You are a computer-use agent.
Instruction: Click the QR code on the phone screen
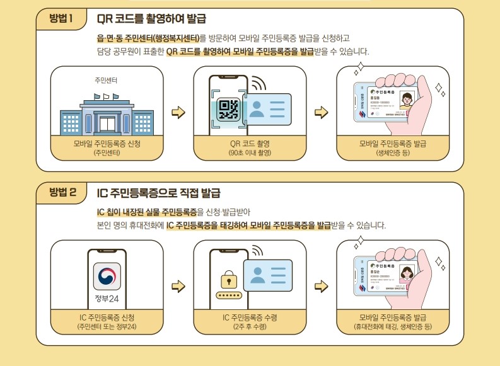[x=228, y=110]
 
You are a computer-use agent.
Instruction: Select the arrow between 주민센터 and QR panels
[x=179, y=113]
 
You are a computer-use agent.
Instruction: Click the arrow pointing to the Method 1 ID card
[x=322, y=113]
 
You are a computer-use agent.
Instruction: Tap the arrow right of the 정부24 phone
[x=179, y=287]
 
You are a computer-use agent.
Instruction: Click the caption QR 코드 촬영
[x=250, y=143]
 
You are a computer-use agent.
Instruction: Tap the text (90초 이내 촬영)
[x=250, y=153]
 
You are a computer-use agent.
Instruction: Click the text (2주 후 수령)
[x=250, y=327]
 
